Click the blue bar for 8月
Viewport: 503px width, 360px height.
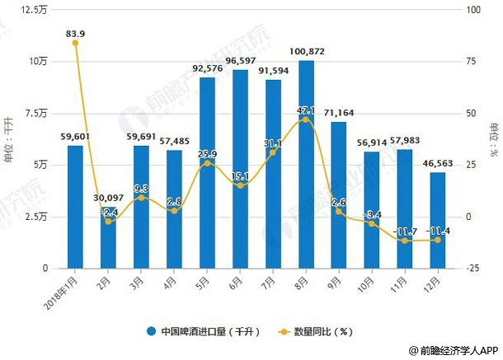(306, 165)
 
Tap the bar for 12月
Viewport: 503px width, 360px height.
(438, 221)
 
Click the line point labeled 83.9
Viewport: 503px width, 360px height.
(76, 43)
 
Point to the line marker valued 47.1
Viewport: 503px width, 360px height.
(306, 119)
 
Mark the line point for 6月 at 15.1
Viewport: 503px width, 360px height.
(240, 185)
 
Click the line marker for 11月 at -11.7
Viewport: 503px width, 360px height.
(405, 241)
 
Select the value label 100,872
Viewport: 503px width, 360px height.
(306, 52)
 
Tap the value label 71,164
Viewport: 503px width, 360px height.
(339, 112)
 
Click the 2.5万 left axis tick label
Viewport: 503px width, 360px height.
(38, 217)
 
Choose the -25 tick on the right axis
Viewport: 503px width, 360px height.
(470, 269)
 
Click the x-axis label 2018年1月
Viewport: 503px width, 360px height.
(64, 289)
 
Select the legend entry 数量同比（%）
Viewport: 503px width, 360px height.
(317, 332)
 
